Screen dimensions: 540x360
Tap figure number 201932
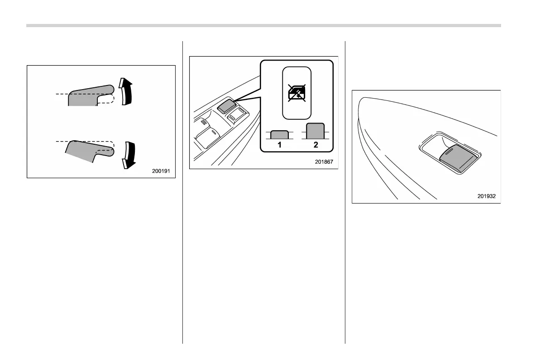point(486,196)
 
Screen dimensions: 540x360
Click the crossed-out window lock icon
point(297,93)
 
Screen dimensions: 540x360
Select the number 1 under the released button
point(280,145)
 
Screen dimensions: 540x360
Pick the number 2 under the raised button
point(316,145)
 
